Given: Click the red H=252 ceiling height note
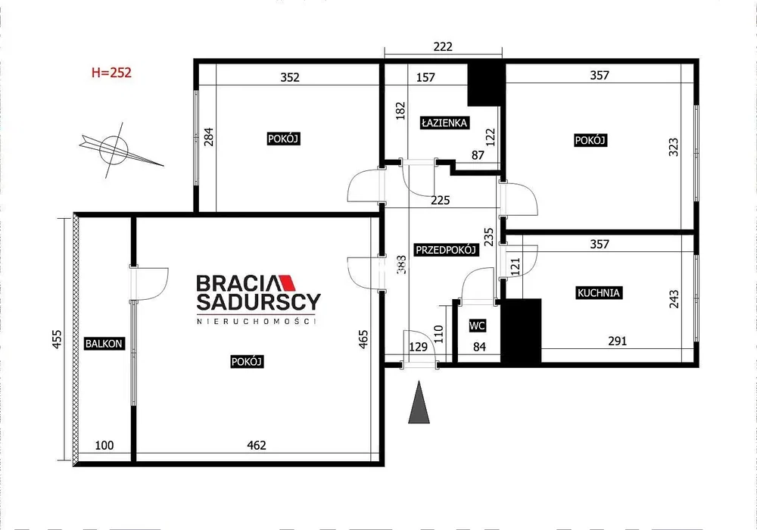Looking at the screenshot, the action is click(x=111, y=73).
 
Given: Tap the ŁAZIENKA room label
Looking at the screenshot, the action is click(x=444, y=123).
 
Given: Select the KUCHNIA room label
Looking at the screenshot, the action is click(x=599, y=292).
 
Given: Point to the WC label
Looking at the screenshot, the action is click(x=477, y=326).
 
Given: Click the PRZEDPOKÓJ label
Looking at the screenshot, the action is click(x=447, y=250).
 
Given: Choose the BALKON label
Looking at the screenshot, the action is click(x=104, y=344).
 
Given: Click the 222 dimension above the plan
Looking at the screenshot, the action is click(x=443, y=46).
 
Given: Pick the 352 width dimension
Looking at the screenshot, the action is click(x=290, y=77).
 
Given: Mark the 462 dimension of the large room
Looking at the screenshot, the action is click(x=257, y=445).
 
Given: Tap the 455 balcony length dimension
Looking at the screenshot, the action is click(x=57, y=339).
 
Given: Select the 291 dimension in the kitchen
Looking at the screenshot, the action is click(x=618, y=341).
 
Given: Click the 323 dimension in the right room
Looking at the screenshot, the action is click(x=674, y=147).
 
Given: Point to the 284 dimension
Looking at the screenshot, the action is click(x=209, y=136).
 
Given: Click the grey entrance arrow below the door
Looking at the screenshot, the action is click(x=419, y=402).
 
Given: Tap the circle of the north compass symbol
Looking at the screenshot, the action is click(x=114, y=149).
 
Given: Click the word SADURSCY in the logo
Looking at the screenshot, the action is click(x=258, y=301).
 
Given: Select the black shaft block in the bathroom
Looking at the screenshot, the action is click(x=486, y=85).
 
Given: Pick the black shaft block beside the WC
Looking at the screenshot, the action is click(x=521, y=331).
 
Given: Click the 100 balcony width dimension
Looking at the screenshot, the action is click(x=104, y=445).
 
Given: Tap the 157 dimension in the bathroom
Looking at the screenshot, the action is click(x=425, y=77).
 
